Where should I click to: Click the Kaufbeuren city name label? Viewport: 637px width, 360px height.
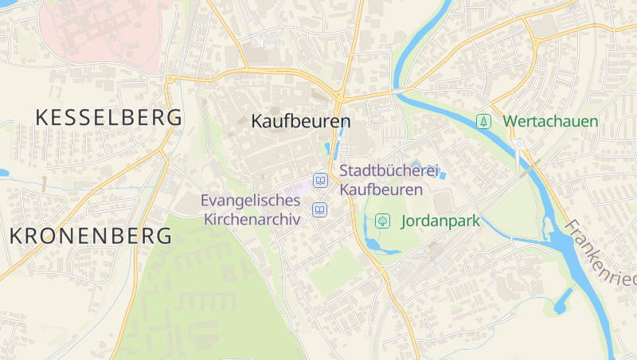pos(300,122)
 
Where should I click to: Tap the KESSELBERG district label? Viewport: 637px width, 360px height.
pos(109,118)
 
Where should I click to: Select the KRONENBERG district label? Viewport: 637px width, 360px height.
pos(91,236)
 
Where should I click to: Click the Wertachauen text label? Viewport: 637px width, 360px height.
pos(550,122)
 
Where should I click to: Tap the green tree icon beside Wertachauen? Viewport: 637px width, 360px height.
pos(483,122)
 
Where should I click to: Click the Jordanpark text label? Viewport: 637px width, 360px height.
pos(440,221)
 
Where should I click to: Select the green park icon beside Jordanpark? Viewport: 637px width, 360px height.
pos(383,221)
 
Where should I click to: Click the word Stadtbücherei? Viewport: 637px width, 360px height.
pos(389,170)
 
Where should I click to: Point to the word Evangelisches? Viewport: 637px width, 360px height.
pos(252,201)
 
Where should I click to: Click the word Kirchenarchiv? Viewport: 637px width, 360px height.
pos(252,219)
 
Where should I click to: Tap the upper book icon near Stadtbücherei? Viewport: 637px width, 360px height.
pos(320,181)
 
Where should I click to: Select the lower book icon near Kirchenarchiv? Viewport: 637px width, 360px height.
pos(320,210)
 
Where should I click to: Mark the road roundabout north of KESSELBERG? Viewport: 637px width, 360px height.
pos(170,79)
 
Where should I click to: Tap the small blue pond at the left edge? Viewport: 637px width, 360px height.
pos(3,173)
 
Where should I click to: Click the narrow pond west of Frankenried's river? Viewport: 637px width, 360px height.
pos(563,299)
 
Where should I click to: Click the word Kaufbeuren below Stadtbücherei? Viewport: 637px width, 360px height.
pos(381,190)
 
